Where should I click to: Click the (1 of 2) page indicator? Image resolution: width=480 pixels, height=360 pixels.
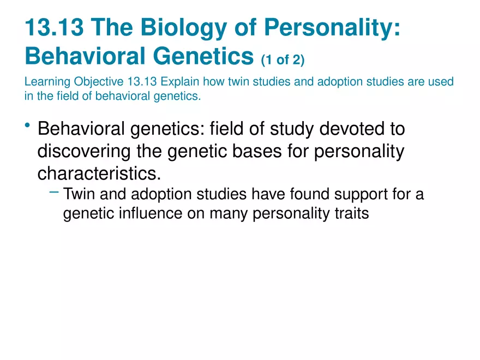283,59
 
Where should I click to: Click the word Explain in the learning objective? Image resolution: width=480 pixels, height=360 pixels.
179,82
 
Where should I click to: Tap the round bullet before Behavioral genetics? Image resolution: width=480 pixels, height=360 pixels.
28,127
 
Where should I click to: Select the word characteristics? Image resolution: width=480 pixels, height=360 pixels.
99,173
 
